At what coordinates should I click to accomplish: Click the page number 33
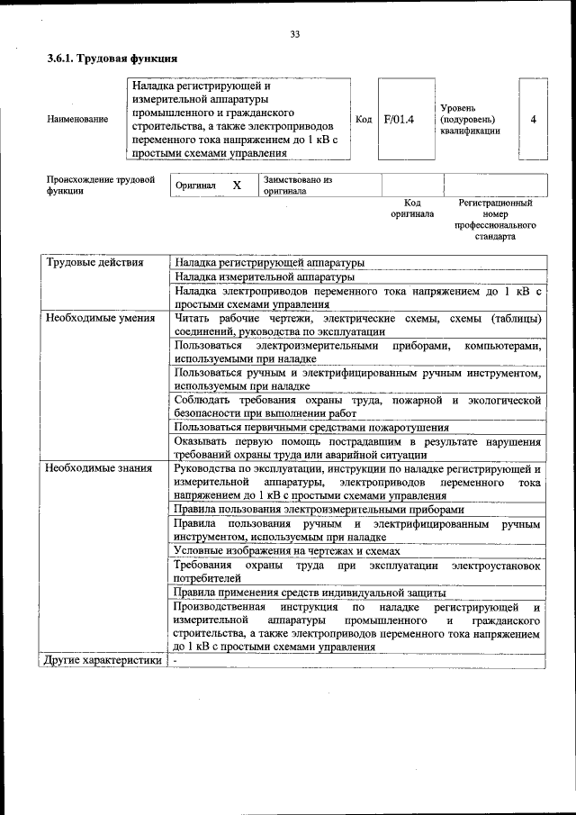point(294,34)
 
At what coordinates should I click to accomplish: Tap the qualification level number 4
point(534,119)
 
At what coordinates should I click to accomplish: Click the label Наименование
point(77,119)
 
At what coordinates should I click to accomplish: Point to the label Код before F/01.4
point(364,119)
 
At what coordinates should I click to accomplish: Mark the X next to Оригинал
point(237,185)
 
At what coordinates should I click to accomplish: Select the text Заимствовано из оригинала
point(297,186)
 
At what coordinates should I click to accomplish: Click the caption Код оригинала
point(412,209)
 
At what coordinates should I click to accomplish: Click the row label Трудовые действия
point(94,263)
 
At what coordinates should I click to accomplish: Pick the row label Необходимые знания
point(96,468)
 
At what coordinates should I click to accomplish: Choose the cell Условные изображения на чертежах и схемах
point(285,550)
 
